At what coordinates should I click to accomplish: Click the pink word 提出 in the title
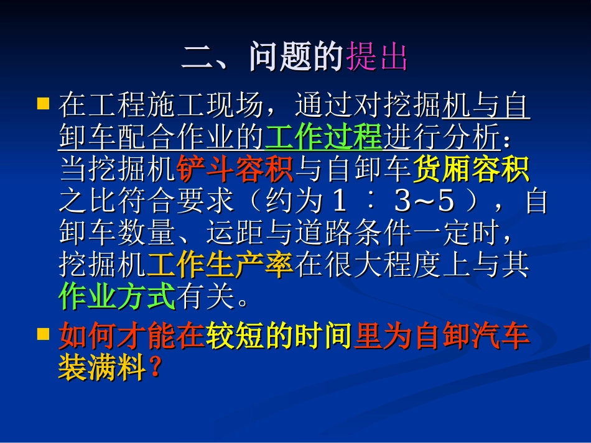[x=377, y=58]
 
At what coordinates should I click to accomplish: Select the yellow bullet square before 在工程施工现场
[x=43, y=103]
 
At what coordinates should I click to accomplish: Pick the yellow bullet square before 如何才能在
[x=43, y=334]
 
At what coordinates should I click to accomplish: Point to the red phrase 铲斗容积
[x=235, y=170]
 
